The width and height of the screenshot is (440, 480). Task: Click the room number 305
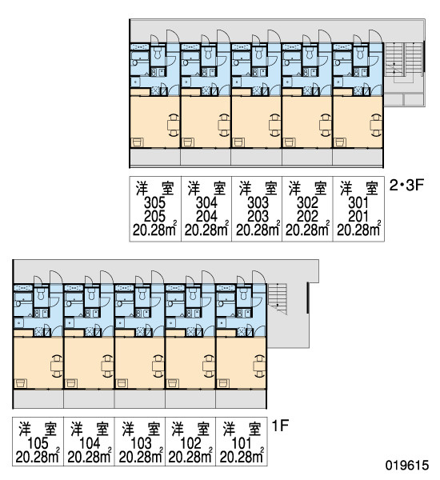click(x=154, y=202)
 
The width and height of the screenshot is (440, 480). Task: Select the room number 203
click(x=258, y=217)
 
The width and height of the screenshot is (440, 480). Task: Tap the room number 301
click(x=358, y=202)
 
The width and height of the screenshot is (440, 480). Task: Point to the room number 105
click(x=38, y=443)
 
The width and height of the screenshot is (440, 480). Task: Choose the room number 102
click(x=190, y=443)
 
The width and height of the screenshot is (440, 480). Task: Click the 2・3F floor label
click(x=406, y=186)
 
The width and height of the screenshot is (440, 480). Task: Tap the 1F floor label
click(x=280, y=426)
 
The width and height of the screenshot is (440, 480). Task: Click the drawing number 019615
click(x=407, y=466)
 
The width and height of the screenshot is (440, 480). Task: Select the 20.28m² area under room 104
click(x=89, y=457)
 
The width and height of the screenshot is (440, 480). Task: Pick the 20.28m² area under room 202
click(x=307, y=230)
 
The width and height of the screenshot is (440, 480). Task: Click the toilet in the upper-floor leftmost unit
click(x=158, y=53)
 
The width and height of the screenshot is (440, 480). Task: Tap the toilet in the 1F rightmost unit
click(x=243, y=294)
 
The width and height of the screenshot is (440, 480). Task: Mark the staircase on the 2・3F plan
click(x=403, y=60)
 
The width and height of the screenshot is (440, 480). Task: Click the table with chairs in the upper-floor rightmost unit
click(x=376, y=125)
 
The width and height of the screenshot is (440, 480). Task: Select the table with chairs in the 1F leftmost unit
click(x=57, y=366)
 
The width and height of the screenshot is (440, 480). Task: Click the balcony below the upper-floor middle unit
click(x=257, y=157)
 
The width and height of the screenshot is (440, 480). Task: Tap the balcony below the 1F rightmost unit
click(x=241, y=398)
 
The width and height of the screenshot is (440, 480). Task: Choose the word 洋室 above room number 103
click(x=141, y=429)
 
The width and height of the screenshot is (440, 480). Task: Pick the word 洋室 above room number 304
click(x=206, y=188)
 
